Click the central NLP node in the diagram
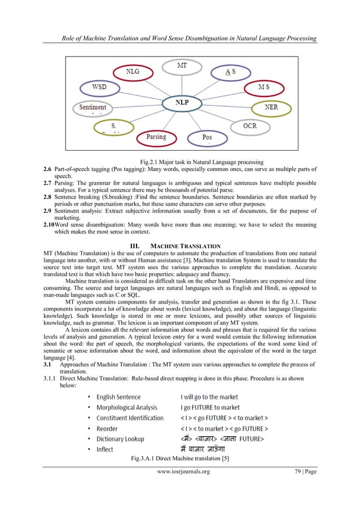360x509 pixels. click(x=181, y=103)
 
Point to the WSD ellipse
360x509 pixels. click(x=99, y=88)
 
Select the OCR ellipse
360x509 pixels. click(x=249, y=126)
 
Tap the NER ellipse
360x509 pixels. click(x=271, y=107)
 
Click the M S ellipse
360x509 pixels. click(x=263, y=87)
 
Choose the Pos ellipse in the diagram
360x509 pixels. click(x=207, y=137)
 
